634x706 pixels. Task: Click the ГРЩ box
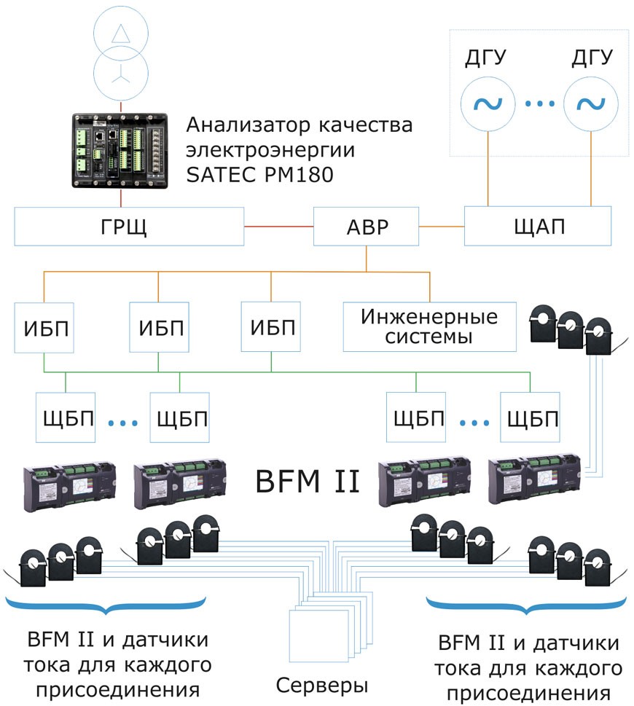tap(129, 227)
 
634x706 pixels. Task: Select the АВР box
tap(366, 227)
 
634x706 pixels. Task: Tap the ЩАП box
tap(538, 226)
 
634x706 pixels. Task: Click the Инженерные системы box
tap(429, 327)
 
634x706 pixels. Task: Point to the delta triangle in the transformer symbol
tap(120, 34)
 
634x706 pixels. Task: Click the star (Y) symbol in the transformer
tap(120, 76)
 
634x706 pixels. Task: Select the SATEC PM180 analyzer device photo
tap(120, 151)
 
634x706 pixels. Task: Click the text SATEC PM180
tap(260, 175)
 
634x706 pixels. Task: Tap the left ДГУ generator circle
tap(488, 104)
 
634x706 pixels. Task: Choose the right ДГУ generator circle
tap(591, 104)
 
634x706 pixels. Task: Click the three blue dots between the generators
tap(539, 104)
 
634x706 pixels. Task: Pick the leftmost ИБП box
tap(44, 327)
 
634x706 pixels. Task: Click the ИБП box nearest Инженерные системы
tap(270, 326)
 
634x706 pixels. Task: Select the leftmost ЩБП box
tap(66, 417)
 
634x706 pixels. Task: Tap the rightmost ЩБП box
tap(530, 417)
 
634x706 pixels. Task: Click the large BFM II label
tap(308, 482)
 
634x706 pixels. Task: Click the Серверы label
tap(322, 686)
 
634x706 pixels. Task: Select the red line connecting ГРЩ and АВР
tap(278, 227)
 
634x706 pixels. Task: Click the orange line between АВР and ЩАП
tap(442, 227)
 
